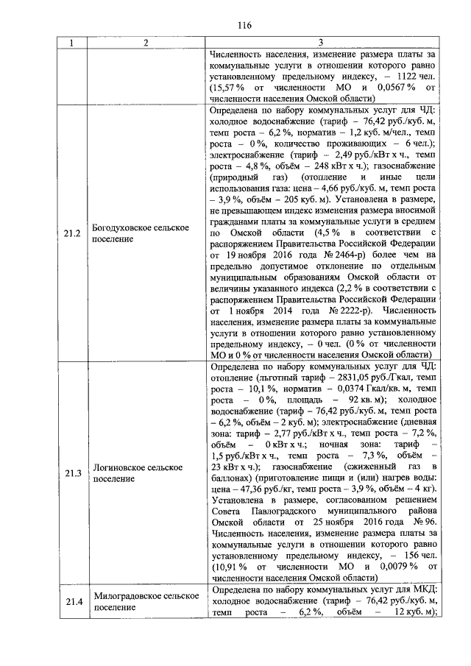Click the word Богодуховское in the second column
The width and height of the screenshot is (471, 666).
pos(127,229)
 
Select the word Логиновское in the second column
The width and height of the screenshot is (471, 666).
pos(121,466)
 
